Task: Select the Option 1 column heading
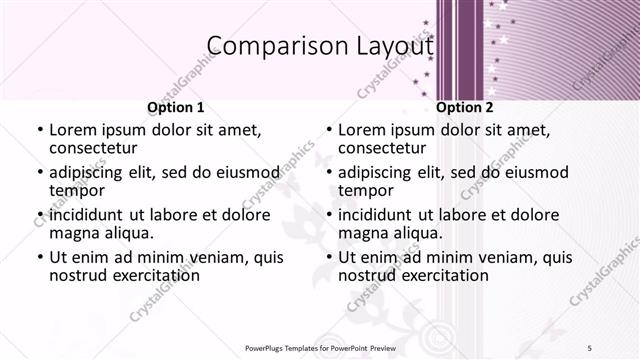click(176, 107)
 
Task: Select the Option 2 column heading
click(465, 107)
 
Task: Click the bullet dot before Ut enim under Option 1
click(39, 257)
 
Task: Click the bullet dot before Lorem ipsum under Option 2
click(328, 130)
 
